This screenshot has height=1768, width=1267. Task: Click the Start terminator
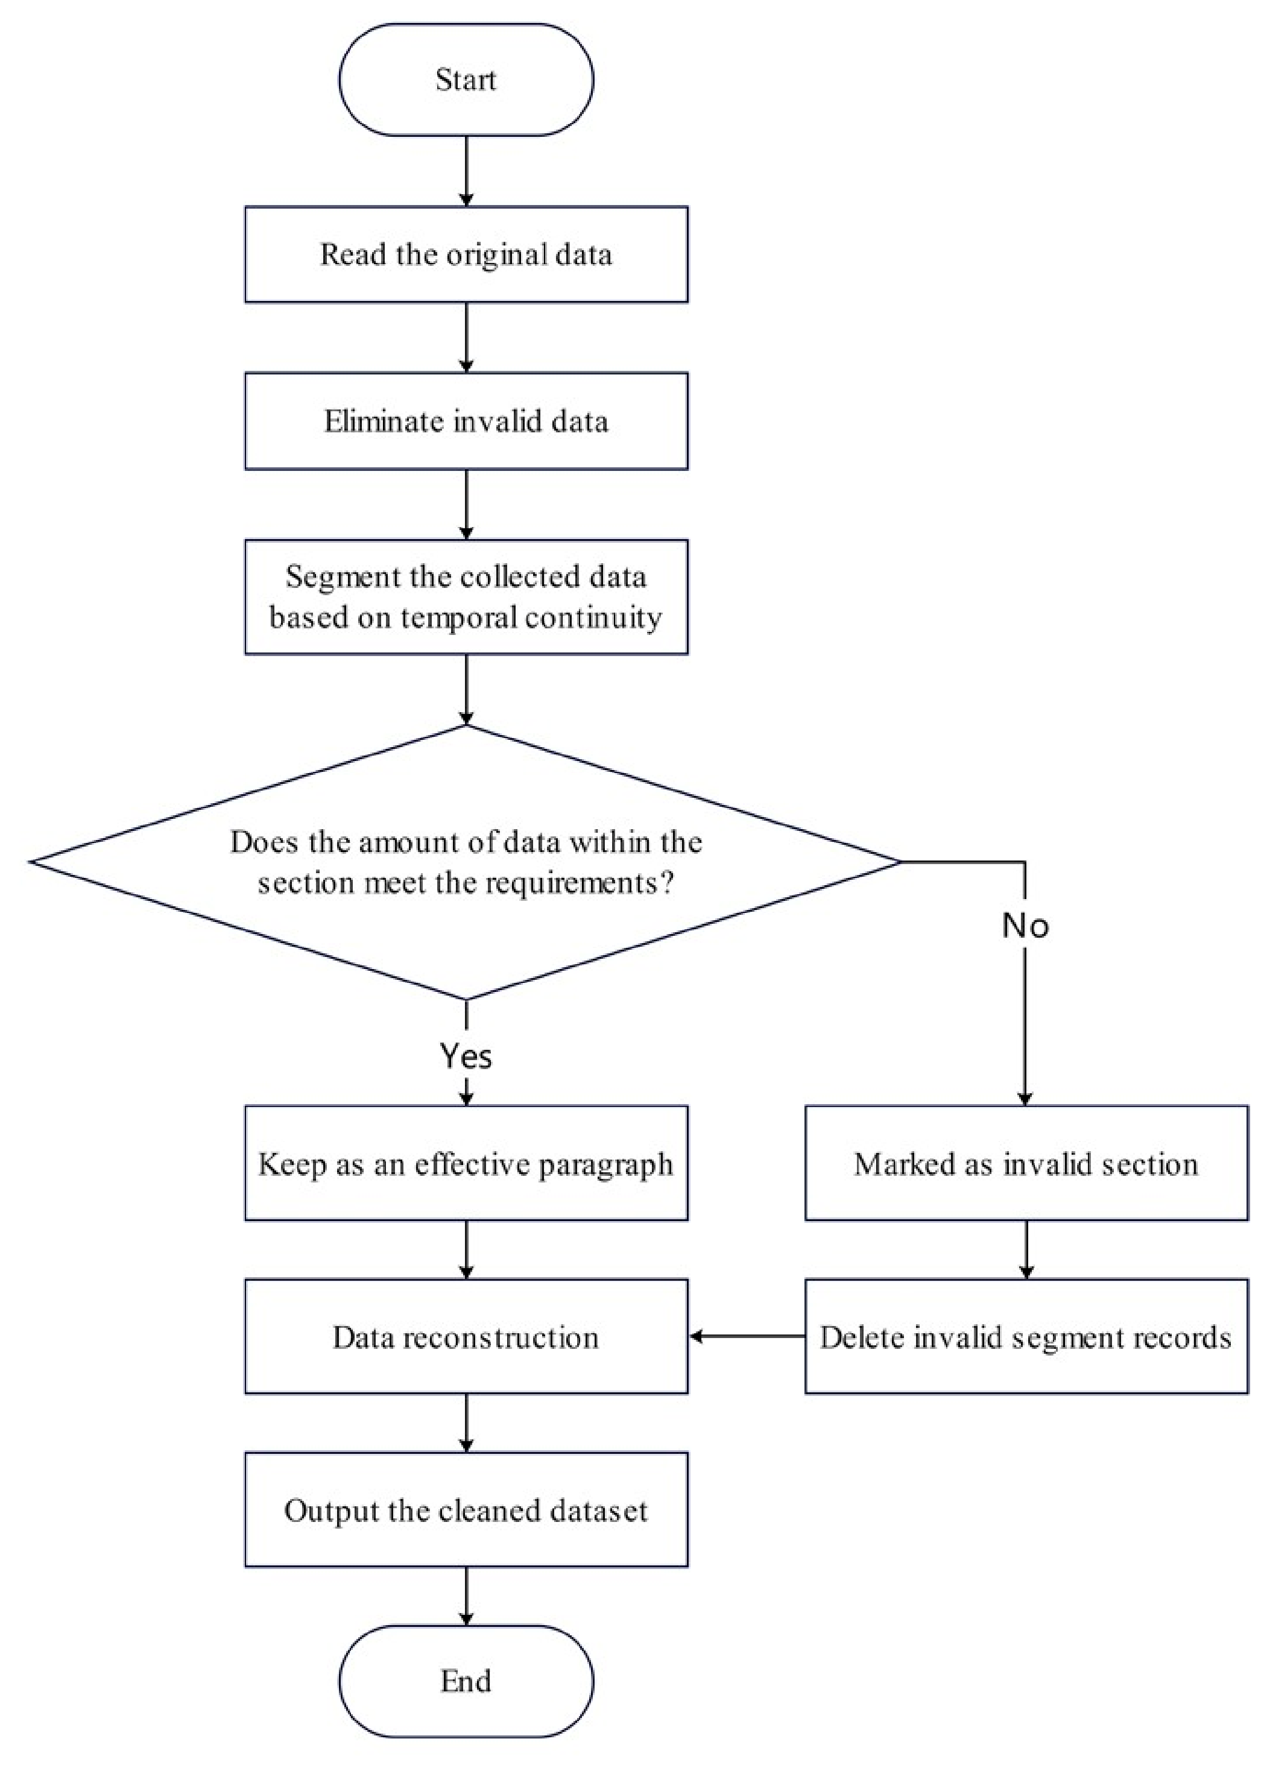click(466, 80)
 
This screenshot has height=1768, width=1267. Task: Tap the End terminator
click(466, 1682)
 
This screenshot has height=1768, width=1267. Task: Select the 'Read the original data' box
click(466, 254)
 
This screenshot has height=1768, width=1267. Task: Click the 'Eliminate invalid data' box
click(466, 421)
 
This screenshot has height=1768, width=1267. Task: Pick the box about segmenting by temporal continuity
click(466, 596)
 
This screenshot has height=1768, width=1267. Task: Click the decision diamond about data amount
click(466, 862)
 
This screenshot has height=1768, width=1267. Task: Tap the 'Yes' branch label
click(466, 1055)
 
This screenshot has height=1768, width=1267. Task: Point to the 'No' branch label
click(1025, 926)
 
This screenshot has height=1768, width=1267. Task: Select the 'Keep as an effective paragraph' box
click(466, 1163)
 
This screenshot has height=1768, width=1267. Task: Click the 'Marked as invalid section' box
click(1026, 1163)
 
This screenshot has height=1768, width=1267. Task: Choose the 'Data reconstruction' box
click(466, 1337)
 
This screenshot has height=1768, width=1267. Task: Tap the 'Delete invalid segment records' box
click(1026, 1337)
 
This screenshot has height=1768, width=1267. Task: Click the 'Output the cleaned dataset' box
click(466, 1510)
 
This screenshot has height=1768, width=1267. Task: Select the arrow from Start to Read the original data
click(466, 171)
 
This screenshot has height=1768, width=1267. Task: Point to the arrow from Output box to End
click(466, 1597)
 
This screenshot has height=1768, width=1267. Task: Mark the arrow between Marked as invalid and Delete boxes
click(1026, 1249)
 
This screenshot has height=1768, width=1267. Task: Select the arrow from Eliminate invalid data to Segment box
click(466, 504)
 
